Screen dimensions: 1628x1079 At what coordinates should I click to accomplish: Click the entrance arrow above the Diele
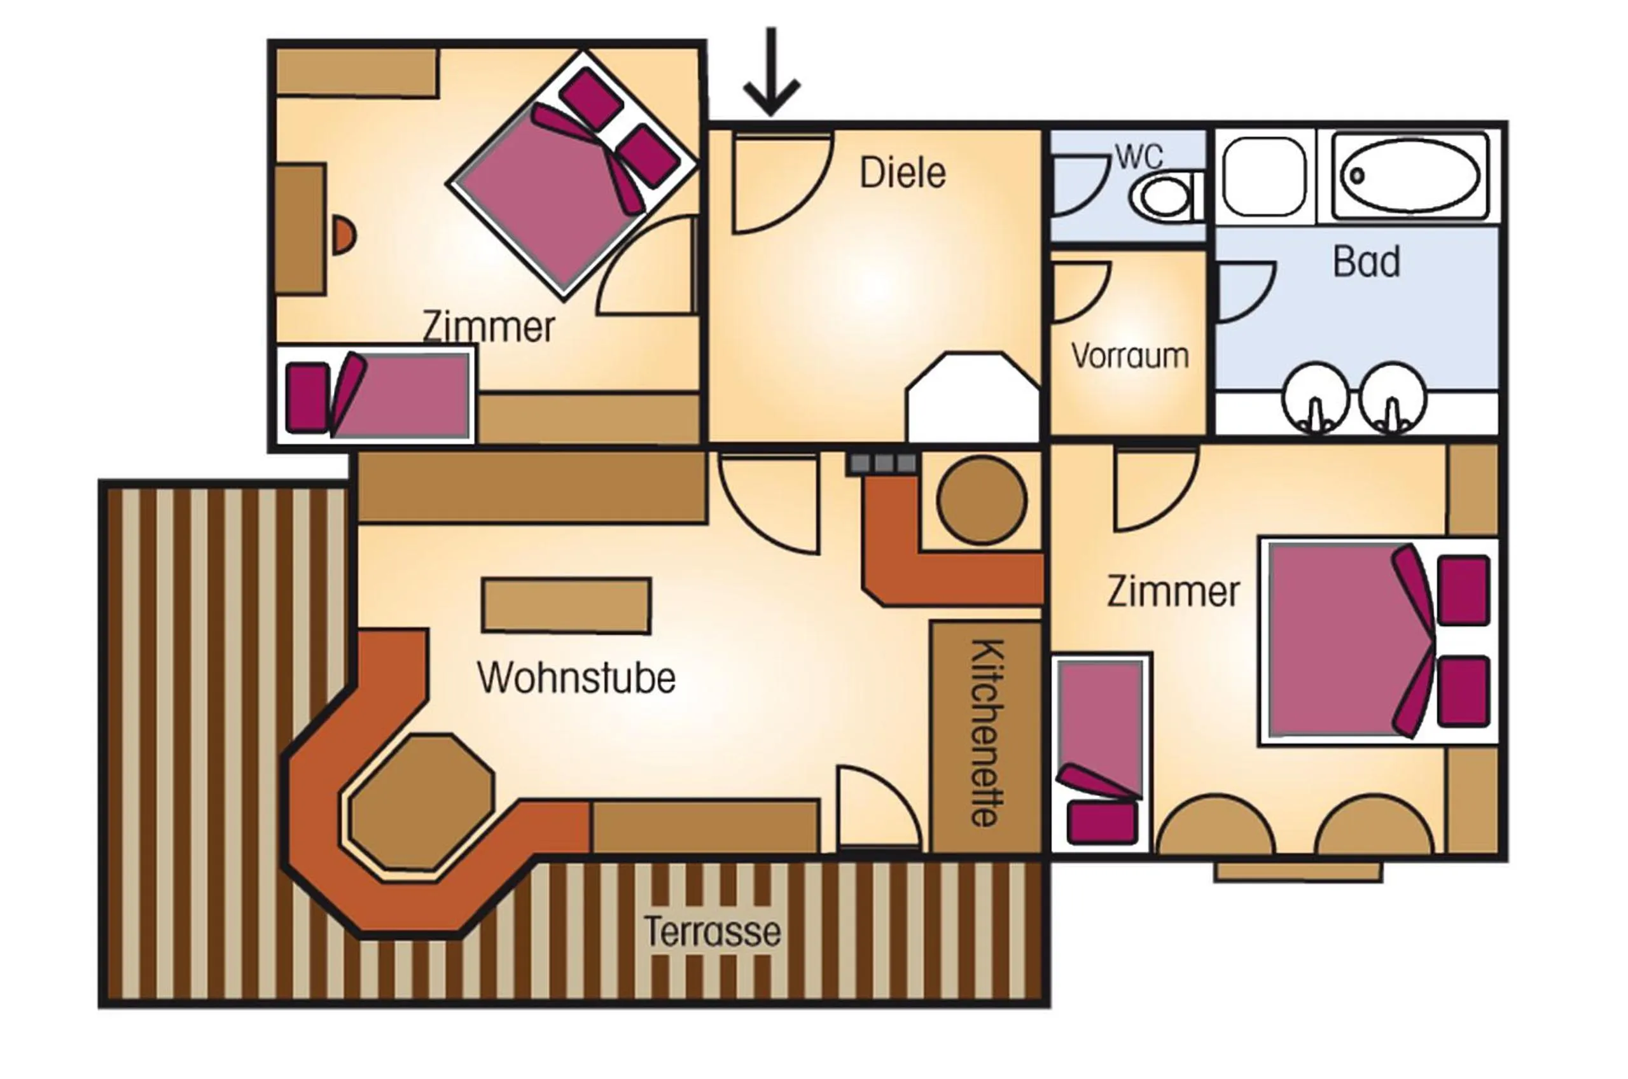[771, 73]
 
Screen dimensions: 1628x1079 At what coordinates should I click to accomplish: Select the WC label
[1139, 157]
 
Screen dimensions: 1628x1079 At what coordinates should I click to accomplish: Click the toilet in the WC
[1166, 195]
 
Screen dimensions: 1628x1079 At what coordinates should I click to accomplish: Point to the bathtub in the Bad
[1410, 176]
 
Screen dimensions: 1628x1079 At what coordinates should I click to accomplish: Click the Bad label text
[1367, 262]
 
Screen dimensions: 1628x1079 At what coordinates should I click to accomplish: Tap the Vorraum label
[1130, 356]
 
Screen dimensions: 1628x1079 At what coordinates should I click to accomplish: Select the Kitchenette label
[987, 733]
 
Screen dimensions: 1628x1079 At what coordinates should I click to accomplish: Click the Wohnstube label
[576, 678]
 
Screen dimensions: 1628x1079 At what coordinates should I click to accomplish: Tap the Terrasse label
[712, 933]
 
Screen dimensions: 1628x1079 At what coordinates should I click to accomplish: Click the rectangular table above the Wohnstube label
[566, 606]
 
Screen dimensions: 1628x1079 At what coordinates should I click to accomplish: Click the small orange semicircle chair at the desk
[344, 235]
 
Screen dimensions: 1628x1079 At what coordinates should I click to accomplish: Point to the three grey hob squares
[884, 463]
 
